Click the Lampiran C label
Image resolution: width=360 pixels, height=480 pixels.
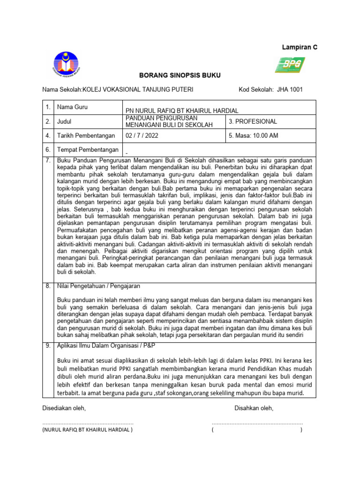(299, 47)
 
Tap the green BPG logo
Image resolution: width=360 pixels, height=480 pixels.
(290, 65)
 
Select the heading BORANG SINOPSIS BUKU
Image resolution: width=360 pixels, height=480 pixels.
(173, 75)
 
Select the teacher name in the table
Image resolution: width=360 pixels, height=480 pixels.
(181, 110)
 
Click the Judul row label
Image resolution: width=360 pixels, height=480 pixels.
(64, 121)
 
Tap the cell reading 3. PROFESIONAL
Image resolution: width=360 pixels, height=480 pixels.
(253, 121)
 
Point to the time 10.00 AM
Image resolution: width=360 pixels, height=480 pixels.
(262, 136)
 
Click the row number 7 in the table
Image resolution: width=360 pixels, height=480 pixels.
(48, 160)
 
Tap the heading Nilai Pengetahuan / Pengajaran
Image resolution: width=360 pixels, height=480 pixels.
(98, 285)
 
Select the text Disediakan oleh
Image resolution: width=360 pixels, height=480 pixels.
(64, 408)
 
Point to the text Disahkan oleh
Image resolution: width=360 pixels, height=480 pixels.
(254, 408)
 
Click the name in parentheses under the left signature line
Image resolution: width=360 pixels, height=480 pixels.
(87, 429)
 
